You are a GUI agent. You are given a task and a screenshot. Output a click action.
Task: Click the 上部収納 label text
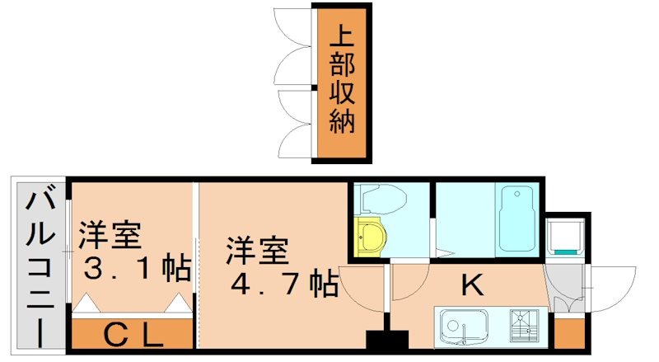(x=342, y=82)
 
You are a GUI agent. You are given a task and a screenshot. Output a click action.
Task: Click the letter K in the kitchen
(x=471, y=285)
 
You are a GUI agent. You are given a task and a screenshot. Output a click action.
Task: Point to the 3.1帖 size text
(x=137, y=268)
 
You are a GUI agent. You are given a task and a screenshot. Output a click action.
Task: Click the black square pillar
(x=386, y=339)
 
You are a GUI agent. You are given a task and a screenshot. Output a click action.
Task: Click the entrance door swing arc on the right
(x=614, y=284)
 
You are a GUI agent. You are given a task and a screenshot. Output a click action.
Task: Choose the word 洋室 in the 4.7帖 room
(x=258, y=250)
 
